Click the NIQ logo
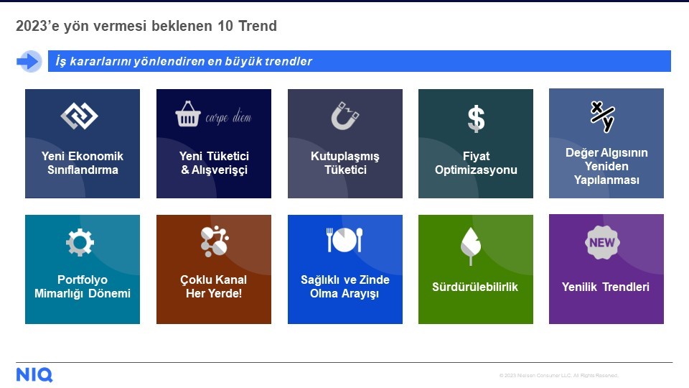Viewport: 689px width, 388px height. [x=34, y=375]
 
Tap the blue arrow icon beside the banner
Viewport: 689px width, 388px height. [x=28, y=61]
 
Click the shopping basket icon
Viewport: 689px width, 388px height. [x=188, y=114]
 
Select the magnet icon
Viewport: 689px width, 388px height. [x=345, y=116]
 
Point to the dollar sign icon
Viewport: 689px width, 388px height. [x=476, y=119]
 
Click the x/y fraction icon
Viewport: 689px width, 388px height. [x=602, y=116]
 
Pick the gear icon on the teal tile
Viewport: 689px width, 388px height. [x=80, y=242]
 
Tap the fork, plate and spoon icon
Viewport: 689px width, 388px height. [x=344, y=240]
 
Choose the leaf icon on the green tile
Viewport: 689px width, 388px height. [x=471, y=246]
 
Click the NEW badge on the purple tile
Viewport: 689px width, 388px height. [x=602, y=242]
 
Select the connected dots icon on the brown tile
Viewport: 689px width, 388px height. [x=215, y=241]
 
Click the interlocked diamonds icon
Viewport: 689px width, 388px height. [x=80, y=116]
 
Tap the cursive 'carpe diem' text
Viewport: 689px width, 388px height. [x=228, y=117]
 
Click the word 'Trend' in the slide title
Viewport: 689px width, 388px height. [x=258, y=26]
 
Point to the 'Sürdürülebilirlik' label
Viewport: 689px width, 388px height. [x=475, y=287]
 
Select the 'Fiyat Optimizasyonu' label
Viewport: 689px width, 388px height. [x=476, y=163]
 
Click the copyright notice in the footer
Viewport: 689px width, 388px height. [x=558, y=375]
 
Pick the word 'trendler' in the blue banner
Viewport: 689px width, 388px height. [x=289, y=61]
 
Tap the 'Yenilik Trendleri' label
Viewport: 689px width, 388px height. [x=606, y=287]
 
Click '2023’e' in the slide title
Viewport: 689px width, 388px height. [x=38, y=26]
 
